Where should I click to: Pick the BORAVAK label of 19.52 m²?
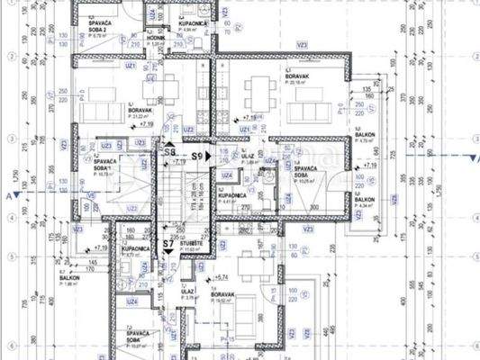pyautogui.click(x=222, y=293)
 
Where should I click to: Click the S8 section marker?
pyautogui.click(x=169, y=154)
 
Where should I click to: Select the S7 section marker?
pyautogui.click(x=168, y=243)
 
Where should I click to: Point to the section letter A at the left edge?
pyautogui.click(x=7, y=194)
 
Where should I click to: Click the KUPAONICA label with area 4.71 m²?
pyautogui.click(x=135, y=248)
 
